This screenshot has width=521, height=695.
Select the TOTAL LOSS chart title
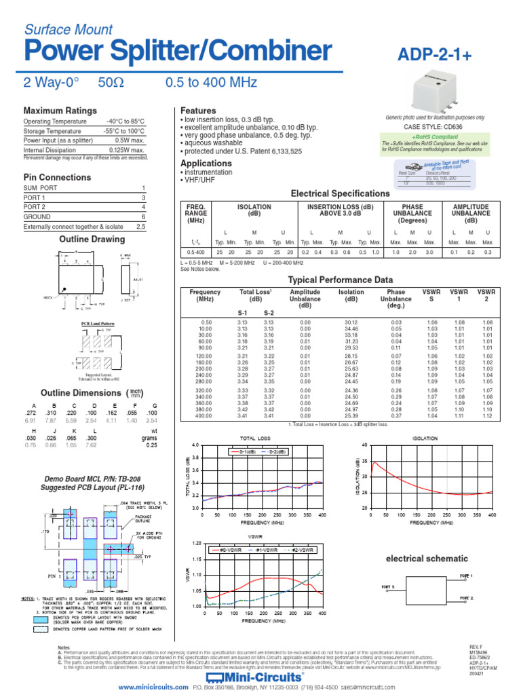point(256,438)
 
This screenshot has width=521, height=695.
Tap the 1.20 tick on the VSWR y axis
point(197,544)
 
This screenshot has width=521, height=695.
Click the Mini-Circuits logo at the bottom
point(260,678)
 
